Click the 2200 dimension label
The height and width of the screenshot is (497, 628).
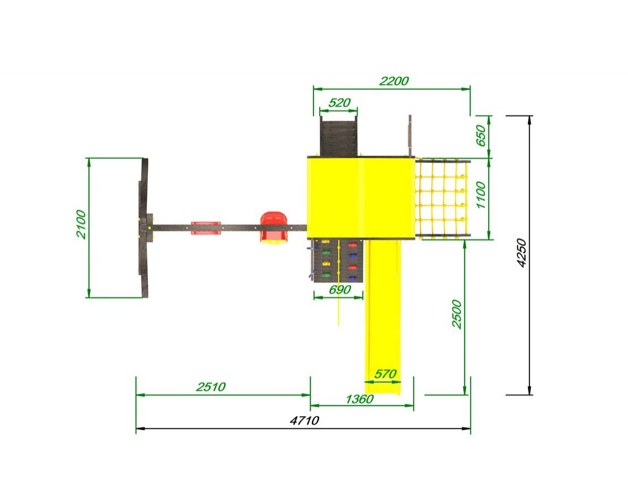coord(394,81)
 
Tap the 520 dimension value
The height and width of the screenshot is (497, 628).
coord(339,103)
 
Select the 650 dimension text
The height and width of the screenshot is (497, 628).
coord(480,136)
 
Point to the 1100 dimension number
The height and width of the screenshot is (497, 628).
coord(480,195)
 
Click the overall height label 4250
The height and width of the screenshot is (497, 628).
coord(521,253)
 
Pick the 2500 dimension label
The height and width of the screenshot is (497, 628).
coord(457,314)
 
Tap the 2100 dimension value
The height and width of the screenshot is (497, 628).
coord(81,224)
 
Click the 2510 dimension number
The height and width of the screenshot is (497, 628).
coord(210,387)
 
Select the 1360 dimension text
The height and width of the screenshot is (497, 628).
coord(359,399)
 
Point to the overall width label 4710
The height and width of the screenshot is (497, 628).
coord(304,421)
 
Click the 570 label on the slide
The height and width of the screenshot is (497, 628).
coord(385,374)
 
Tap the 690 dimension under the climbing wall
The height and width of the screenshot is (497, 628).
coord(339,289)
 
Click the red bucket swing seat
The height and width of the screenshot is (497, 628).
coord(274,228)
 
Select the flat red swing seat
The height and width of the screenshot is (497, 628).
coord(206,228)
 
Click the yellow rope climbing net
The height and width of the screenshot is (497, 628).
coord(443,199)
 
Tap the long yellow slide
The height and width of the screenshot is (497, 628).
coord(384,316)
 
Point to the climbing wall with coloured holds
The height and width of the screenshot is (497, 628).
coord(338,260)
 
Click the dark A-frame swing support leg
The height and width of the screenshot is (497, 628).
coord(143,228)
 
